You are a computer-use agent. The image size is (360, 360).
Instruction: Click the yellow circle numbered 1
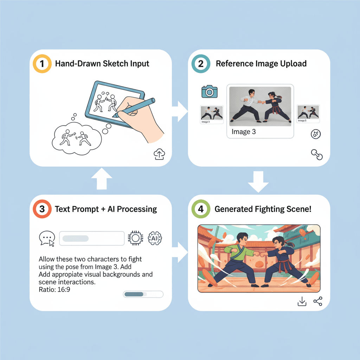tap(41, 64)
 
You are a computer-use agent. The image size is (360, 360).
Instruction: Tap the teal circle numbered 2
tap(200, 64)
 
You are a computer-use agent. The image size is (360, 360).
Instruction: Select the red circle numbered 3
tap(42, 209)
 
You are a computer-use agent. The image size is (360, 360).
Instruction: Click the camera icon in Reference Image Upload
tap(210, 91)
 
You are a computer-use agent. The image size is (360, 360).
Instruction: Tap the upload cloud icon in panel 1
tap(160, 154)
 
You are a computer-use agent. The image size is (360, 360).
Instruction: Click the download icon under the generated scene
tap(302, 301)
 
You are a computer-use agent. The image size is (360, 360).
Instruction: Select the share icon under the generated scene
tap(318, 301)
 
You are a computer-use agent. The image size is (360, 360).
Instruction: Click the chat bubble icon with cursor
tap(47, 238)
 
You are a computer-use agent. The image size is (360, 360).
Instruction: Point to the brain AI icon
tap(155, 238)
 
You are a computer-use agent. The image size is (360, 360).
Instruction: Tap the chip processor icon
tap(135, 238)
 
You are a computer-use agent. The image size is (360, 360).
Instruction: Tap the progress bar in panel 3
tap(143, 294)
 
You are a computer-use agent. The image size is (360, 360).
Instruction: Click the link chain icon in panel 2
tap(317, 154)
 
